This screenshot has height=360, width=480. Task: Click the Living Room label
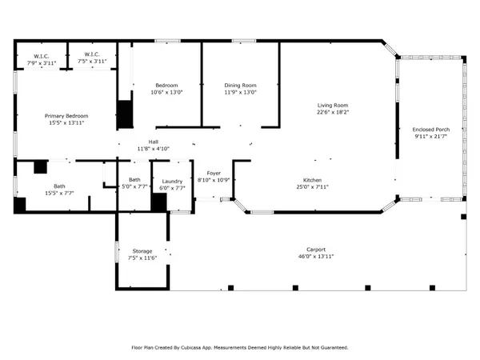333,106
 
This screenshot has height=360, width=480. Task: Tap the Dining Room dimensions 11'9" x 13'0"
240,92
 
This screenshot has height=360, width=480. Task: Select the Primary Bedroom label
66,116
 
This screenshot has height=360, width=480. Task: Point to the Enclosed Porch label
431,130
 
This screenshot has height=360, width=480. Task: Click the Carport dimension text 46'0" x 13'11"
316,257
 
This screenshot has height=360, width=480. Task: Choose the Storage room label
142,251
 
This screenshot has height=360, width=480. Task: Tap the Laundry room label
172,182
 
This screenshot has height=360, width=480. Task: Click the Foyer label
214,174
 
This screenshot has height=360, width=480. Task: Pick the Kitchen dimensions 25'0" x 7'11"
312,186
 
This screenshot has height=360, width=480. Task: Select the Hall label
154,142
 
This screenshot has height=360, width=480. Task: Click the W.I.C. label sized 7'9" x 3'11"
42,56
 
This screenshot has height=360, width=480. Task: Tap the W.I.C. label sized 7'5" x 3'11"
92,54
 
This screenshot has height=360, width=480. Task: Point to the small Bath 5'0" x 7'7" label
134,180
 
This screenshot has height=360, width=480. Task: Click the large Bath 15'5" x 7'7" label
59,186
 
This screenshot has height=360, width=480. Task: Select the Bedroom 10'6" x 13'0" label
166,86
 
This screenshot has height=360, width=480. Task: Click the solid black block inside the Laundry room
159,202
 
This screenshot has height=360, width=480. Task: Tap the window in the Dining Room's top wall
244,41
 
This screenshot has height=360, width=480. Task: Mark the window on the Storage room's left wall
117,252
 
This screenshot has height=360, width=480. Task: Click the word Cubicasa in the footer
191,348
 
